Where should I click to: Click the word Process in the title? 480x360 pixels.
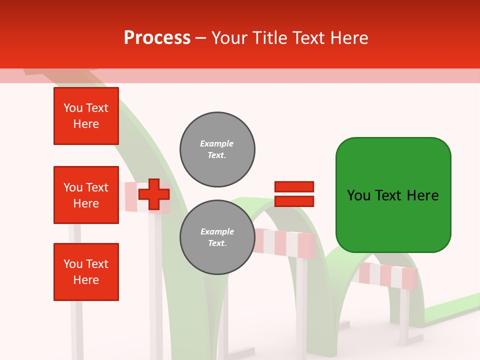[157, 38]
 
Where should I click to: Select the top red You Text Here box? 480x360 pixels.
[86, 116]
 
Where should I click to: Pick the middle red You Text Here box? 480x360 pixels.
[86, 195]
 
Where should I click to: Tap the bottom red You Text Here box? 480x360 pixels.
[86, 272]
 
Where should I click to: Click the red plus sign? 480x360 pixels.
[154, 194]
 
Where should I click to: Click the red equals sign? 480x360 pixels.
[294, 194]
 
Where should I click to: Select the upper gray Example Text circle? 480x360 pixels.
[217, 149]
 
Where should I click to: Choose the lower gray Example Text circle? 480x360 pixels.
[217, 237]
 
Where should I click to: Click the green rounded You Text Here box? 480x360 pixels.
[393, 195]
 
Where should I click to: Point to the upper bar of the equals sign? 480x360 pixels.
[294, 187]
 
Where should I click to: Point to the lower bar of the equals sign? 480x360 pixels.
[294, 201]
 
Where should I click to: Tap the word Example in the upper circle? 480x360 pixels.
[217, 144]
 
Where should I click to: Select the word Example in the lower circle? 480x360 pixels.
[217, 232]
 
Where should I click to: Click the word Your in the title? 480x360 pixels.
[228, 38]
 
